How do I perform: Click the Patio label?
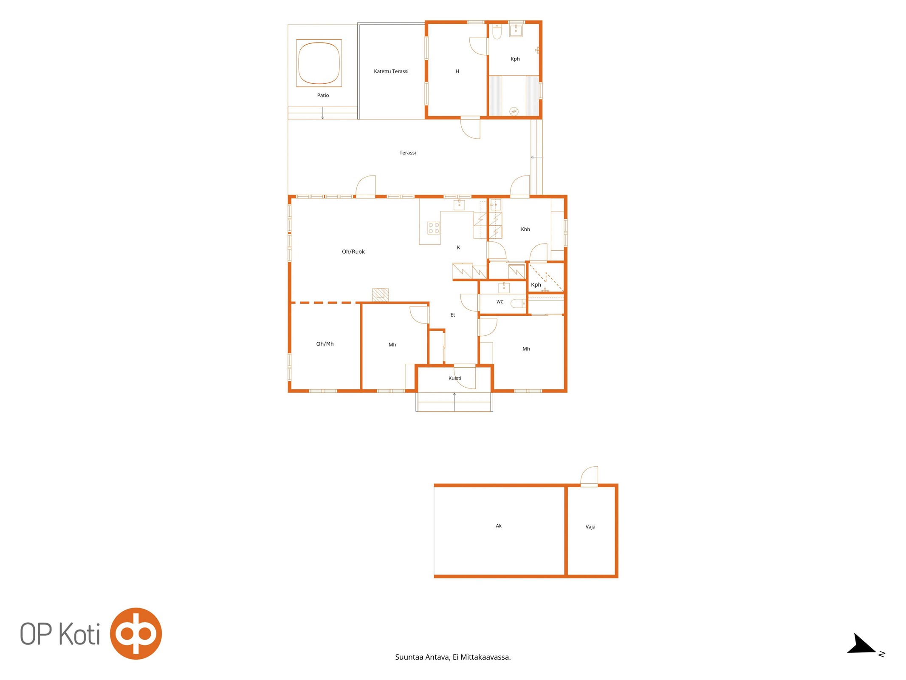tap(323, 95)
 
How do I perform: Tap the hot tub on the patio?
tap(319, 63)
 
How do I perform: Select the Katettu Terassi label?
tap(391, 71)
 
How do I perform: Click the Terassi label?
tap(407, 153)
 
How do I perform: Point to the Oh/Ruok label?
tap(353, 252)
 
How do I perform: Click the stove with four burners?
tap(434, 228)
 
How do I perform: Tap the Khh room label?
tap(525, 229)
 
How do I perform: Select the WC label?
tap(500, 302)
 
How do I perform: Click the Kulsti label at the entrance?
tap(454, 378)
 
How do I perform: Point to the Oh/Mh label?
tap(325, 344)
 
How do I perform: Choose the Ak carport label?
tap(499, 526)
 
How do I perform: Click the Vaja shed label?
tap(590, 527)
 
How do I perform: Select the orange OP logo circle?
tap(136, 633)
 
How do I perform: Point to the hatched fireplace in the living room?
tap(380, 295)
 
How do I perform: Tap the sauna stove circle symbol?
tap(514, 111)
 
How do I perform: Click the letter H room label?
tap(457, 71)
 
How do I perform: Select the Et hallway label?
tap(452, 315)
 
